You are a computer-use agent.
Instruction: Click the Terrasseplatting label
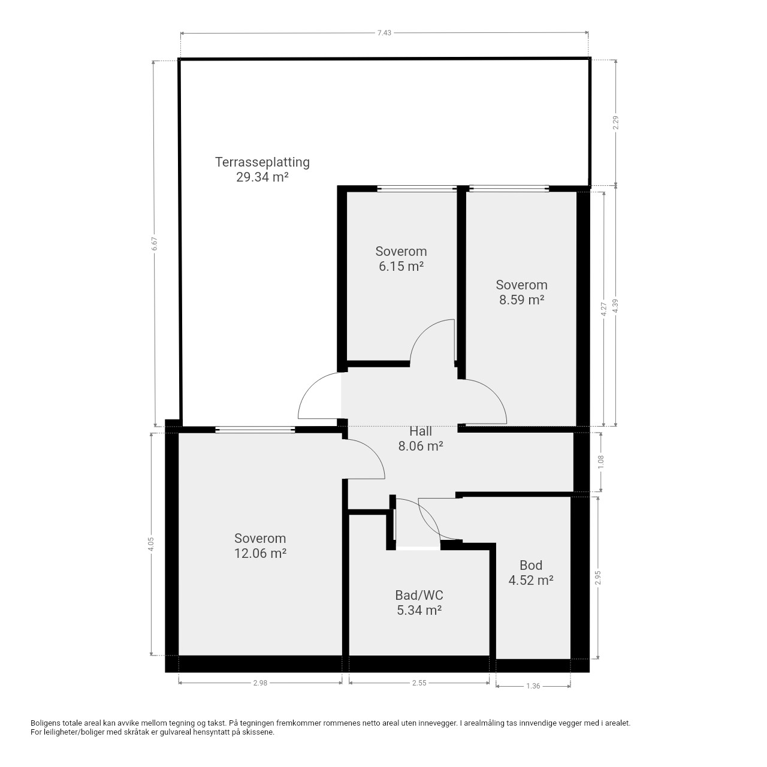[x=262, y=162]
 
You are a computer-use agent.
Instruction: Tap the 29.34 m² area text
[x=262, y=177]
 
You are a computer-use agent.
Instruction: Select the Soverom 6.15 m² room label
[x=401, y=258]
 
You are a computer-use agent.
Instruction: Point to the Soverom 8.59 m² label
[x=521, y=292]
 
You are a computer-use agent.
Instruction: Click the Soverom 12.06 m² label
[x=260, y=546]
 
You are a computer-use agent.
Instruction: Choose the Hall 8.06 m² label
[x=421, y=438]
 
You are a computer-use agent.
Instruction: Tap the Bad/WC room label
[x=419, y=595]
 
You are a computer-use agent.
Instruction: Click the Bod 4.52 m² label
[x=530, y=573]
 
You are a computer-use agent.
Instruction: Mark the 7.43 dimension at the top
[x=384, y=33]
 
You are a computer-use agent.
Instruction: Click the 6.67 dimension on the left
[x=155, y=244]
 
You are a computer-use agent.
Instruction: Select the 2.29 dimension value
[x=616, y=123]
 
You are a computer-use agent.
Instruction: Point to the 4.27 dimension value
[x=603, y=309]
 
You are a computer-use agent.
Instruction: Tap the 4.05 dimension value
[x=151, y=544]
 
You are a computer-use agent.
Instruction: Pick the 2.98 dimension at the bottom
[x=260, y=683]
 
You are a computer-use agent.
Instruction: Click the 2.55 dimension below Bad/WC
[x=419, y=683]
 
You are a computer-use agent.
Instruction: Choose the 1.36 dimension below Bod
[x=533, y=686]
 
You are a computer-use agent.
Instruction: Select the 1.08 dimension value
[x=601, y=462]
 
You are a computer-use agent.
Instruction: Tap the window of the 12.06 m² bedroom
[x=255, y=430]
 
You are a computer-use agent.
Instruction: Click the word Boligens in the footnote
[x=46, y=723]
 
